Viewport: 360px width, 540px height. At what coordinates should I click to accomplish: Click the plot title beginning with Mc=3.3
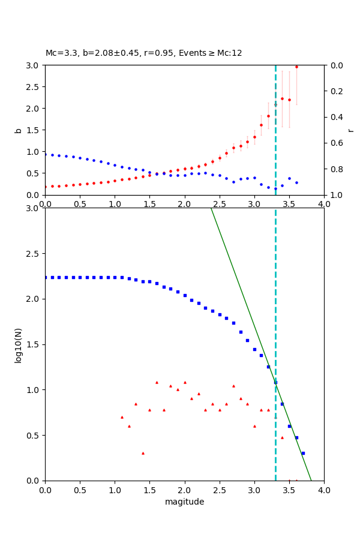pos(144,53)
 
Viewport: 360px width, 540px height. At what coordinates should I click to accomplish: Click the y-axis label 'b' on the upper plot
pos(18,130)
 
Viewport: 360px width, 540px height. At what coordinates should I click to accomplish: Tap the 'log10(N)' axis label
pos(18,344)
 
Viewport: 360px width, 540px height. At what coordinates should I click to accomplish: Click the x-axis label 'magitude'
pos(184,502)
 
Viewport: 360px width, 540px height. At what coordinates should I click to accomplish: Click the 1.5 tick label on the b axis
pos(33,130)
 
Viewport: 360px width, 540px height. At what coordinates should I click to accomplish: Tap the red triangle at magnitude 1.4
pos(143,453)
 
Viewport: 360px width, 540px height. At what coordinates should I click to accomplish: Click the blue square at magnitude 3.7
pos(303,453)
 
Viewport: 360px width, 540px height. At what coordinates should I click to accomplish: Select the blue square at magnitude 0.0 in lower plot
pos(46,277)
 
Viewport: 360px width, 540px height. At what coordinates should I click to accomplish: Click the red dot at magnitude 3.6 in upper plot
pos(296,67)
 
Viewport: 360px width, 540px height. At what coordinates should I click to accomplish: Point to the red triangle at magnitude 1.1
pos(122,417)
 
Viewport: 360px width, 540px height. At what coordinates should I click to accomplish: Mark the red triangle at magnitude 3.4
pos(282,437)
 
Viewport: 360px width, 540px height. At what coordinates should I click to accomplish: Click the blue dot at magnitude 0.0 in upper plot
pos(46,154)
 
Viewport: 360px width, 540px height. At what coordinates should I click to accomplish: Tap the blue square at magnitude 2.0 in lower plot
pos(185,295)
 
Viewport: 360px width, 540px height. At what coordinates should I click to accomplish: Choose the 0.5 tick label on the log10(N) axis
pos(33,435)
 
